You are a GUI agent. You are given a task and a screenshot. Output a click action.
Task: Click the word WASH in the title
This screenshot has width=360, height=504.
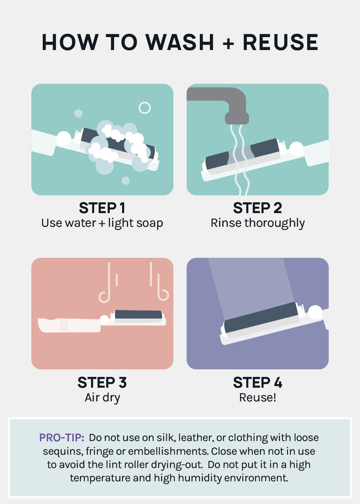179,42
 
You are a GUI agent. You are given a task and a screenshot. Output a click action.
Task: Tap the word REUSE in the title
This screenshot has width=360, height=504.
281,42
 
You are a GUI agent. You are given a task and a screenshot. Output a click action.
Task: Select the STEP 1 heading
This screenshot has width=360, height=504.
102,208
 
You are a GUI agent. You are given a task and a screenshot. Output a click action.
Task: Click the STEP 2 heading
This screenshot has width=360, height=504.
258,208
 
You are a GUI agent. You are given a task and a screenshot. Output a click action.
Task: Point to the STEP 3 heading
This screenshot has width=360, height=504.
102,382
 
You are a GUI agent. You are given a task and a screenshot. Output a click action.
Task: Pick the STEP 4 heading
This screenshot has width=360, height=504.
258,382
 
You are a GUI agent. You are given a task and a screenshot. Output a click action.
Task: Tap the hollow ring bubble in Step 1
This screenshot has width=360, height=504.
145,108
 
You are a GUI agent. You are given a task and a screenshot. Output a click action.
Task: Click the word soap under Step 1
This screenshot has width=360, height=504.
149,223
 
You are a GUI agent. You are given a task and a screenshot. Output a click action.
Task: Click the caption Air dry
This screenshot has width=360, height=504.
102,398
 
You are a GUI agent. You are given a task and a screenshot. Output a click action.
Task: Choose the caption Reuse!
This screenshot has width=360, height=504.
258,398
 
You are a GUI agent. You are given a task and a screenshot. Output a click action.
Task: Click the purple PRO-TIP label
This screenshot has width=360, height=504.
62,438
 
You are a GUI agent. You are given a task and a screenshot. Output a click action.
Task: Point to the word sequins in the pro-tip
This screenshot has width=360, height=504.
63,452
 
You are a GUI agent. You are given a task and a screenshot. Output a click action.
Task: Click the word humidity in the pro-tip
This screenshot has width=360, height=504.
200,478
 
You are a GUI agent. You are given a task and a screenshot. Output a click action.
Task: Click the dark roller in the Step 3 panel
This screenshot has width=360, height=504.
138,315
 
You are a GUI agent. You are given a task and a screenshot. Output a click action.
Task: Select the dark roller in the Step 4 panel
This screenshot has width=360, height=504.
261,317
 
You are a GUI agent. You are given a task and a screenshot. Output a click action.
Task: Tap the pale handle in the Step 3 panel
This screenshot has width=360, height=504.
69,325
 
